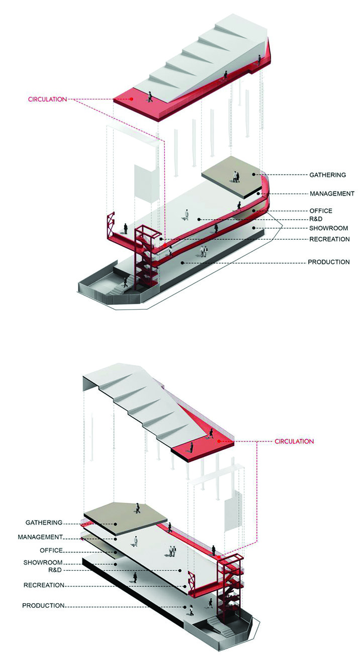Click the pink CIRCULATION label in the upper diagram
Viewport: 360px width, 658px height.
tap(47, 99)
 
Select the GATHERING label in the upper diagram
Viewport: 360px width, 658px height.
tap(328, 175)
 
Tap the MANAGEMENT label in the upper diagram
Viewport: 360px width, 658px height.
tap(332, 194)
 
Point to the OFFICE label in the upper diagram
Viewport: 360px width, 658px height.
tap(321, 211)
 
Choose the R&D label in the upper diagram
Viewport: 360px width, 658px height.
tap(316, 220)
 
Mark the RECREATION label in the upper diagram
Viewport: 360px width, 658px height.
tap(329, 239)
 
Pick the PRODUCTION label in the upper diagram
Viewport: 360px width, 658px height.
tap(329, 262)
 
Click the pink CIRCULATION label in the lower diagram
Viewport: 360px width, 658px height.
tap(294, 441)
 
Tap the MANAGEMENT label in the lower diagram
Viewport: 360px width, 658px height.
tap(40, 537)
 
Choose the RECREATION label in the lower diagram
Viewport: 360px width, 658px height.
tap(44, 585)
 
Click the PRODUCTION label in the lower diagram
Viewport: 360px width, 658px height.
tap(43, 606)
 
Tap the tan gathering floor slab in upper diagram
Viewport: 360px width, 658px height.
tap(231, 182)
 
